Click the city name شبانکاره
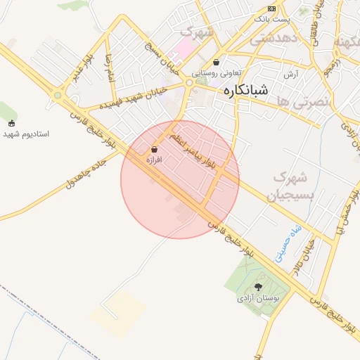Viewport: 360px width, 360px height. (x=245, y=91)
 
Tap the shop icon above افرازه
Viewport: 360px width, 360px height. (x=154, y=149)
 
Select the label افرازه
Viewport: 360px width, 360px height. (x=154, y=160)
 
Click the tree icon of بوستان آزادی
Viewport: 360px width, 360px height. (x=258, y=287)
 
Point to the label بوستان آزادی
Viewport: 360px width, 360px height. (x=258, y=298)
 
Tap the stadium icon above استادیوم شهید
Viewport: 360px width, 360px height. (x=11, y=122)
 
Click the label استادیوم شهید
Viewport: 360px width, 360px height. (x=25, y=133)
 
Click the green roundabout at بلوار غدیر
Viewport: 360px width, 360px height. (x=58, y=95)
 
